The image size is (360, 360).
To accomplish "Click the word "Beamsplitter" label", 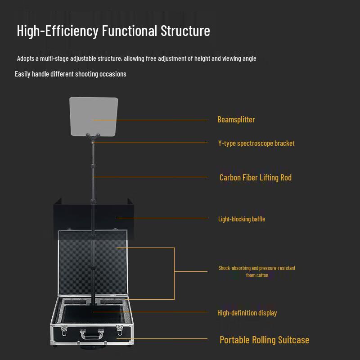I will click(x=236, y=120).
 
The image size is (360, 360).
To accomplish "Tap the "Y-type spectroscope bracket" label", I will click(x=256, y=144).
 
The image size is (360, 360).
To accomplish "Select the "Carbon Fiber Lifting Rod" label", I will click(x=255, y=178).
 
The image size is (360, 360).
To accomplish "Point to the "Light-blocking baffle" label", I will click(x=242, y=219).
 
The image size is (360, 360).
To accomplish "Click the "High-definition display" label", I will click(x=247, y=313).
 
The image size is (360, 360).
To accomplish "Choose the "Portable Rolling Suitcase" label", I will click(x=264, y=340).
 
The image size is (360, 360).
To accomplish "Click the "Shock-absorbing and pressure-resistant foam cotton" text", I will click(x=257, y=271).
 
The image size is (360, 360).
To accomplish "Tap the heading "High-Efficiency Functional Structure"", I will click(x=113, y=31).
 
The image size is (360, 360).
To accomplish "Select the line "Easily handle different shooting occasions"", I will click(x=71, y=74).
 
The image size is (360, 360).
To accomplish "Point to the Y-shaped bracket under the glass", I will click(x=94, y=136).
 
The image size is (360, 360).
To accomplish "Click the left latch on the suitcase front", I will click(x=64, y=331).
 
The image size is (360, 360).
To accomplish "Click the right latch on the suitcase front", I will click(x=120, y=331).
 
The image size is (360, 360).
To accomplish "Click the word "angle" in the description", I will click(x=248, y=58).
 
